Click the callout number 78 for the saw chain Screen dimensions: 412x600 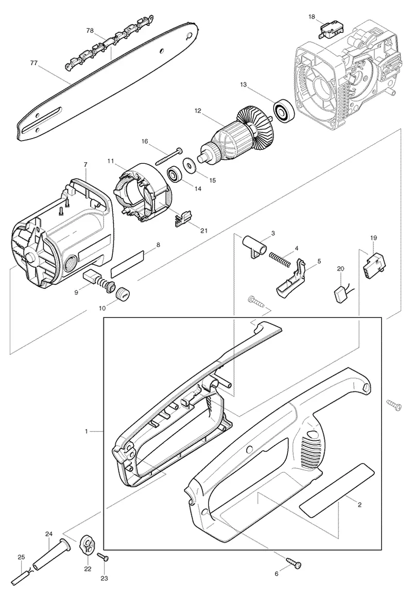pos(90,31)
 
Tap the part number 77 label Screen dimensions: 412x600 pos(34,63)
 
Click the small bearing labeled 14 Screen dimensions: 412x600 pos(175,175)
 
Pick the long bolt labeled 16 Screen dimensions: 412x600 pos(169,157)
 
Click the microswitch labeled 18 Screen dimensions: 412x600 pos(328,30)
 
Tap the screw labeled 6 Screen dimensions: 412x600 pos(293,564)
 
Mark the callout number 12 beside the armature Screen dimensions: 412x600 pos(197,111)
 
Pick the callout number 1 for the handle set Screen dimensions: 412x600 pos(87,431)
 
